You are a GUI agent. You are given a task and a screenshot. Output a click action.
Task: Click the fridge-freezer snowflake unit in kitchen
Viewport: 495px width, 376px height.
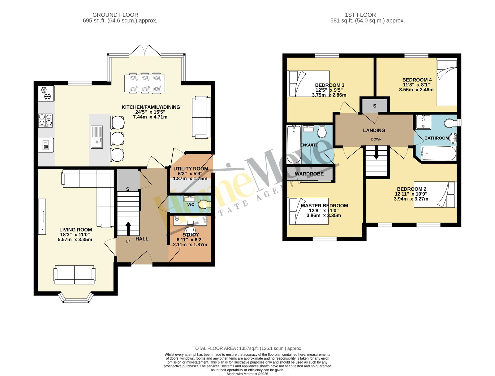click(x=46, y=93)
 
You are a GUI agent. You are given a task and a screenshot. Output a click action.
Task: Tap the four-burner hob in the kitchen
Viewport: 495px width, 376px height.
click(x=45, y=120)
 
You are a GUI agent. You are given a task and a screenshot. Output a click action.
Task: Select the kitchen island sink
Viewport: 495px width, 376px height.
click(x=97, y=137)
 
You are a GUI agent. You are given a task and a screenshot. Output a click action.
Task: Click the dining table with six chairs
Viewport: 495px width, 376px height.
click(x=144, y=83)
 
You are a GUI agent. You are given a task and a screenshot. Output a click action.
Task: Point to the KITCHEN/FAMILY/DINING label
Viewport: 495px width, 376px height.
click(x=151, y=107)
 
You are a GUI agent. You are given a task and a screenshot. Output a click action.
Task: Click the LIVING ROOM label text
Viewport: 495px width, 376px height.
click(x=75, y=230)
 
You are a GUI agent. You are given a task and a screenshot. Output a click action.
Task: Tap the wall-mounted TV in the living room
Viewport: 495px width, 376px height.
click(x=42, y=217)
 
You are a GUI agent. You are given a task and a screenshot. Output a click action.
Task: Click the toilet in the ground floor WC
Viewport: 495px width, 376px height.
click(x=204, y=204)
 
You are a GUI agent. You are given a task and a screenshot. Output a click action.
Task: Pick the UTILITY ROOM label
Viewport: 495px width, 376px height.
click(x=191, y=169)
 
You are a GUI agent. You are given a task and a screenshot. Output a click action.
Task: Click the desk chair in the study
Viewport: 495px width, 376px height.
click(x=189, y=231)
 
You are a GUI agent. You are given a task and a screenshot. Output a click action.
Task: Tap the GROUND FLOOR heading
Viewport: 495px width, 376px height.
click(x=115, y=15)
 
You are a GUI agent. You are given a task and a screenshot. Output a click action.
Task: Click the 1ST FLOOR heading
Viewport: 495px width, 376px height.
click(x=360, y=15)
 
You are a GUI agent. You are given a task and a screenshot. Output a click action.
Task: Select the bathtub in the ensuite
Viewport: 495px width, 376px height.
click(x=294, y=144)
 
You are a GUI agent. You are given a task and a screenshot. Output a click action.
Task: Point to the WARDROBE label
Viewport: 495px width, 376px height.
click(x=309, y=174)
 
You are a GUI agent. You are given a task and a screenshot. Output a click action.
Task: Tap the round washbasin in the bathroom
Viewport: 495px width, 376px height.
click(x=453, y=138)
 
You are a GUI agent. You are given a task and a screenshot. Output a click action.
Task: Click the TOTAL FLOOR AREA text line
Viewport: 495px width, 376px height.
click(x=247, y=348)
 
